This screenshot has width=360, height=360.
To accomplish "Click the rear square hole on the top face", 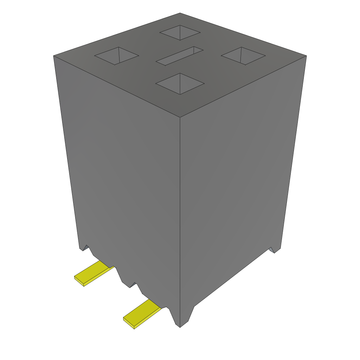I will coord(180,33).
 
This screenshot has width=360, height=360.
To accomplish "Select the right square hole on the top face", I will coord(243,56).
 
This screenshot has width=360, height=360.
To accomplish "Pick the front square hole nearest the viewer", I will coord(180,84).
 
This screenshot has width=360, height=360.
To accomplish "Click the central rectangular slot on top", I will coord(180,56).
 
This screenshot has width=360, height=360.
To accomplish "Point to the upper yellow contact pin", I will coord(93,273).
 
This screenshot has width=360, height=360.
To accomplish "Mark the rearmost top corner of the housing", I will coord(180,13).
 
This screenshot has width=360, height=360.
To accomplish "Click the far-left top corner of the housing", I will coord(53,56).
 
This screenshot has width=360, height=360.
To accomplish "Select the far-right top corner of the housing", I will coord(306,56).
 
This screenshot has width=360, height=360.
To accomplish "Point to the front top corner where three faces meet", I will coord(180,117).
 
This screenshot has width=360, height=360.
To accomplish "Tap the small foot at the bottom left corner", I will coord(84,247).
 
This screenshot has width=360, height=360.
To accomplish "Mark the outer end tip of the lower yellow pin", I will coord(128,323).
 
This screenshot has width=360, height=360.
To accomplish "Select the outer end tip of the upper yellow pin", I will coord(79,281).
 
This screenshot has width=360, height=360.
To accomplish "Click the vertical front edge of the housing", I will coord(180,218).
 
